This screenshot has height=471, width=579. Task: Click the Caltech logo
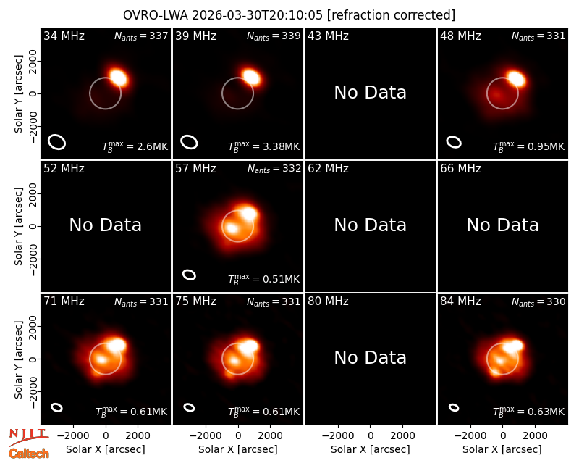(x=29, y=454)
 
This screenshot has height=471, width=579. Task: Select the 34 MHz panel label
(x=64, y=36)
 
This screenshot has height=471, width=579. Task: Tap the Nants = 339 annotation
(x=274, y=36)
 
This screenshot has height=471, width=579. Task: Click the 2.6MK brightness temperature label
(x=135, y=146)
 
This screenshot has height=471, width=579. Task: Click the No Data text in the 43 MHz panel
(x=370, y=93)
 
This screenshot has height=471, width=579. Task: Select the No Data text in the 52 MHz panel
(x=105, y=225)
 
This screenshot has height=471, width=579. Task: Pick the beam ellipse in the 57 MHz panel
(x=189, y=275)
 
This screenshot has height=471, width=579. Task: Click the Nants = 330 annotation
(x=538, y=301)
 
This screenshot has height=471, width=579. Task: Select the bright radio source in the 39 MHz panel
(x=251, y=77)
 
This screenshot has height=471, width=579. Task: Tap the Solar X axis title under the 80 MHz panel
(x=370, y=449)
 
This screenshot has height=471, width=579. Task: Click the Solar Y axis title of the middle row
(x=18, y=226)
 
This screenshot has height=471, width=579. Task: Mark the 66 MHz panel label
(x=460, y=169)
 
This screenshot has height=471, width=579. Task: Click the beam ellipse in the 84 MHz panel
(x=454, y=407)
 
